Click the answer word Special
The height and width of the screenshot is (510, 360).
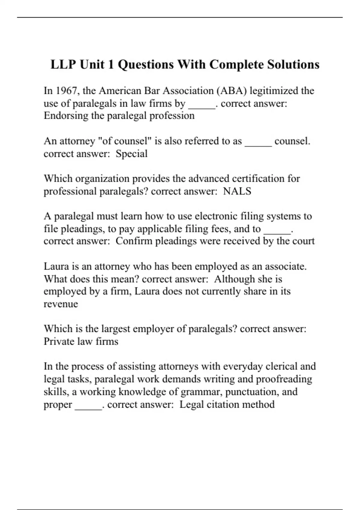click(131, 154)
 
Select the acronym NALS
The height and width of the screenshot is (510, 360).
click(237, 191)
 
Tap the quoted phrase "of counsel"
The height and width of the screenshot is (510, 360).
click(125, 141)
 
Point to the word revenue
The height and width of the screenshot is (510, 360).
click(61, 304)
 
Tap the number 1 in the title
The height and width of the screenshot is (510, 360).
click(110, 64)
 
